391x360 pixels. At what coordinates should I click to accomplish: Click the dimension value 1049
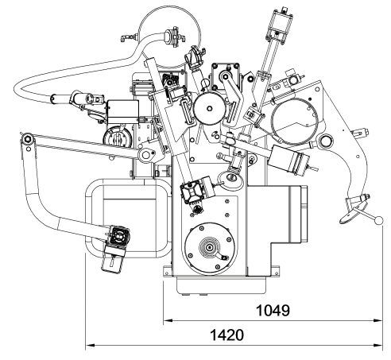[273, 311]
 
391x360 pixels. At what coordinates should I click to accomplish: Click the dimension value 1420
[226, 335]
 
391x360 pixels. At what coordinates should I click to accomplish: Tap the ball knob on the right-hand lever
[379, 220]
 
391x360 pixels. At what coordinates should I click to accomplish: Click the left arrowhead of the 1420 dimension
[91, 345]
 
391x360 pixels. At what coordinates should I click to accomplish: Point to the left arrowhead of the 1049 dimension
[168, 320]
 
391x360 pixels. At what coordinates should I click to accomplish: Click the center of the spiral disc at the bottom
[210, 247]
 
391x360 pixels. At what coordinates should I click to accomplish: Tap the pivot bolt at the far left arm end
[27, 139]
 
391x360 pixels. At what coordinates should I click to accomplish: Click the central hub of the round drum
[210, 108]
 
